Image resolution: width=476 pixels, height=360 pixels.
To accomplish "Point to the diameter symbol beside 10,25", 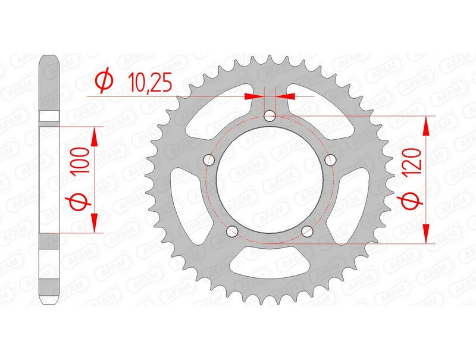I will (x=104, y=82).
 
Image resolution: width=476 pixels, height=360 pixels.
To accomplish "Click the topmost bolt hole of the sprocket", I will (x=270, y=115).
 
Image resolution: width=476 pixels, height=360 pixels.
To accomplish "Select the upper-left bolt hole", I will (x=208, y=159).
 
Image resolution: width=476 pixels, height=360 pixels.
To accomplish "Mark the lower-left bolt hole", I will (x=232, y=231).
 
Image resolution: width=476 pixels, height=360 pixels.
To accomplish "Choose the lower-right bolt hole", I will (x=307, y=231).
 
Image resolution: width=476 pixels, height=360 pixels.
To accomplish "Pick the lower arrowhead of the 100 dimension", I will (x=94, y=223).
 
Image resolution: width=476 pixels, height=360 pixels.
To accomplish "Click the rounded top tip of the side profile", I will (x=49, y=58).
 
